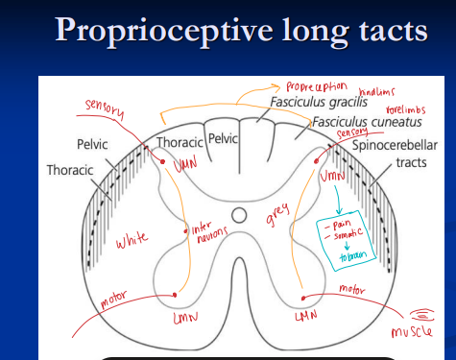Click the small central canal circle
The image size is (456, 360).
click(239, 214)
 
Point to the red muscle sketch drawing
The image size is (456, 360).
click(420, 313)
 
